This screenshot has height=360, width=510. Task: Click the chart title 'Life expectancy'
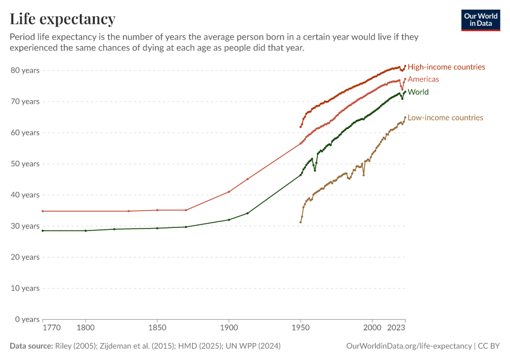(x=62, y=19)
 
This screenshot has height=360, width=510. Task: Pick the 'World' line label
(x=418, y=92)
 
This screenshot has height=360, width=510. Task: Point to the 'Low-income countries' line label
(x=445, y=118)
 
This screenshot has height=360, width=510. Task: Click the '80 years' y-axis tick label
(x=25, y=70)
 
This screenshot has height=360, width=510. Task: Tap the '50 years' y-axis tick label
(x=25, y=164)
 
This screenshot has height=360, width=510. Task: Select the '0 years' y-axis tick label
(x=27, y=319)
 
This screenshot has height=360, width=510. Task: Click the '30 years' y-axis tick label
(x=25, y=226)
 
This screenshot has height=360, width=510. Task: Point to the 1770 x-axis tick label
(x=52, y=329)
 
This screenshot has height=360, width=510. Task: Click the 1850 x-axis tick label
(x=157, y=329)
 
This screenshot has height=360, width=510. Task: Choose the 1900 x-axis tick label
(x=229, y=329)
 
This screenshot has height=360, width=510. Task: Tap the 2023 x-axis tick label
(x=396, y=329)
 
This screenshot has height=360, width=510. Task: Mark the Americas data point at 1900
(x=229, y=192)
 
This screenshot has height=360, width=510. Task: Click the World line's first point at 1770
(x=43, y=230)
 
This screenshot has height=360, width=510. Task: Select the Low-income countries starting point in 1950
(x=301, y=223)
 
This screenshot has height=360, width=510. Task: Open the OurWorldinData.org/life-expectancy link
(x=409, y=346)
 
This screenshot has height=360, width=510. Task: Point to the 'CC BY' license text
(x=490, y=346)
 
